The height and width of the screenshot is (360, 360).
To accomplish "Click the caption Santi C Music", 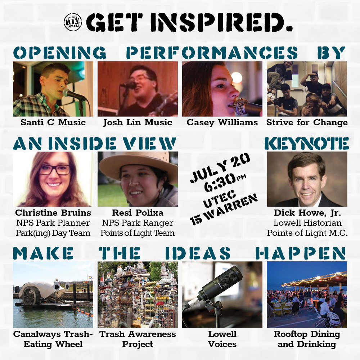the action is click(53, 122).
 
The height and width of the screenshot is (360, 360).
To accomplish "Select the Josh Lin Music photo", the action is click(138, 89).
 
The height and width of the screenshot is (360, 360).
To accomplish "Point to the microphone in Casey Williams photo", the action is click(248, 107).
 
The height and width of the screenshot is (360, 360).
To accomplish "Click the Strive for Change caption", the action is click(307, 123).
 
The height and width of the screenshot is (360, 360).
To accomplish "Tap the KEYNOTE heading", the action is click(307, 144).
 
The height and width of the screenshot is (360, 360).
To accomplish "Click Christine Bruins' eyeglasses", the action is click(55, 170).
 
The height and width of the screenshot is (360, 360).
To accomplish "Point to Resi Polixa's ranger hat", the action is click(138, 164).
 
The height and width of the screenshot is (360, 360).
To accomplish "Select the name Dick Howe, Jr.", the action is click(307, 213).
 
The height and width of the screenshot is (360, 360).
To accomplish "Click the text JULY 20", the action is click(220, 168).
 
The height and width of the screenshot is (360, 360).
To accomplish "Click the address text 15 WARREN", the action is click(224, 210).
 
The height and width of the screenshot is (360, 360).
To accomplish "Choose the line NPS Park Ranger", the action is click(138, 223).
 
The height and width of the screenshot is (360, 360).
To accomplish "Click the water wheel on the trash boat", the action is click(30, 296).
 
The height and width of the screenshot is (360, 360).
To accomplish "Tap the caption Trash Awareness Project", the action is click(138, 339).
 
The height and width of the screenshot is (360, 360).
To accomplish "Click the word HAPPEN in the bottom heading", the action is click(301, 253).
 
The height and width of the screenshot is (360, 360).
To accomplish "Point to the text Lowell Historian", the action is click(307, 223).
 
